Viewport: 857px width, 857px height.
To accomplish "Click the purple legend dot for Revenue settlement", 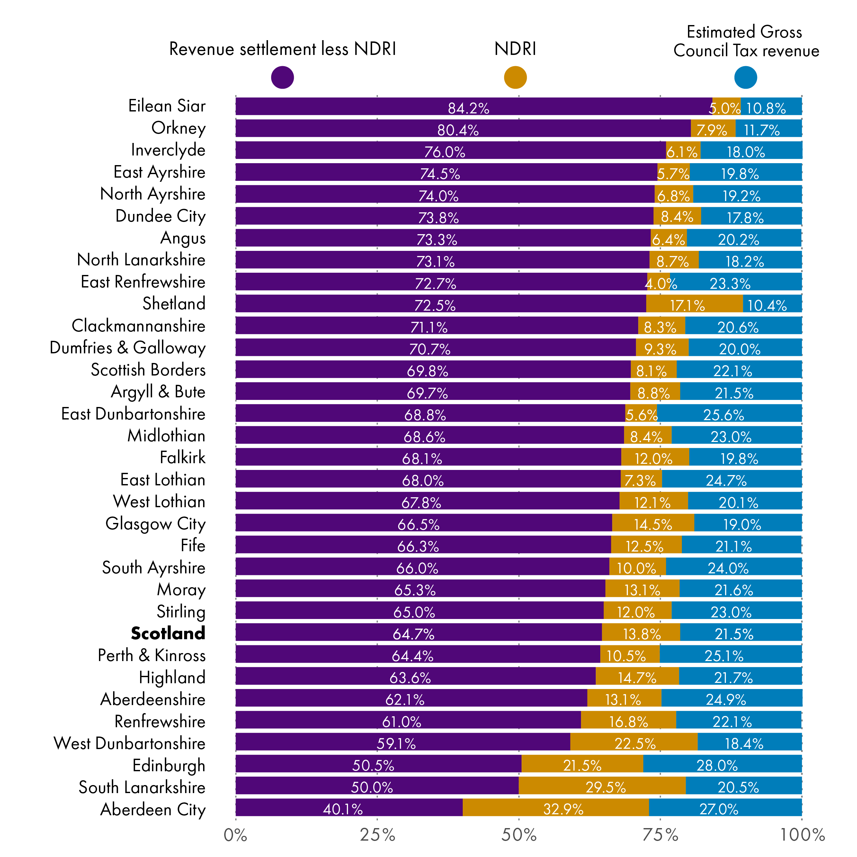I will (282, 77).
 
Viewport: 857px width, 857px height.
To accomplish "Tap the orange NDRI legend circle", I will (515, 77).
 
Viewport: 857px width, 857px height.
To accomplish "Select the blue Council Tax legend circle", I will (745, 77).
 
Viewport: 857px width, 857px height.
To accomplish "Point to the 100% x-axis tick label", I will (802, 835).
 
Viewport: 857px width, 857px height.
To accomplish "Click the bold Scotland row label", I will (168, 633).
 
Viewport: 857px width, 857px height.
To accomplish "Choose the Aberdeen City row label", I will (153, 809).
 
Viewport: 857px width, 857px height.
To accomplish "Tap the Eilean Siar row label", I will (167, 106).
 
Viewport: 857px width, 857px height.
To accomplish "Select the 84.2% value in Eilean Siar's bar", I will (468, 108).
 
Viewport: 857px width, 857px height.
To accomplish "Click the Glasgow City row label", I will (155, 524).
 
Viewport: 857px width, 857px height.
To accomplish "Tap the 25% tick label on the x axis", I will (377, 835).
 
